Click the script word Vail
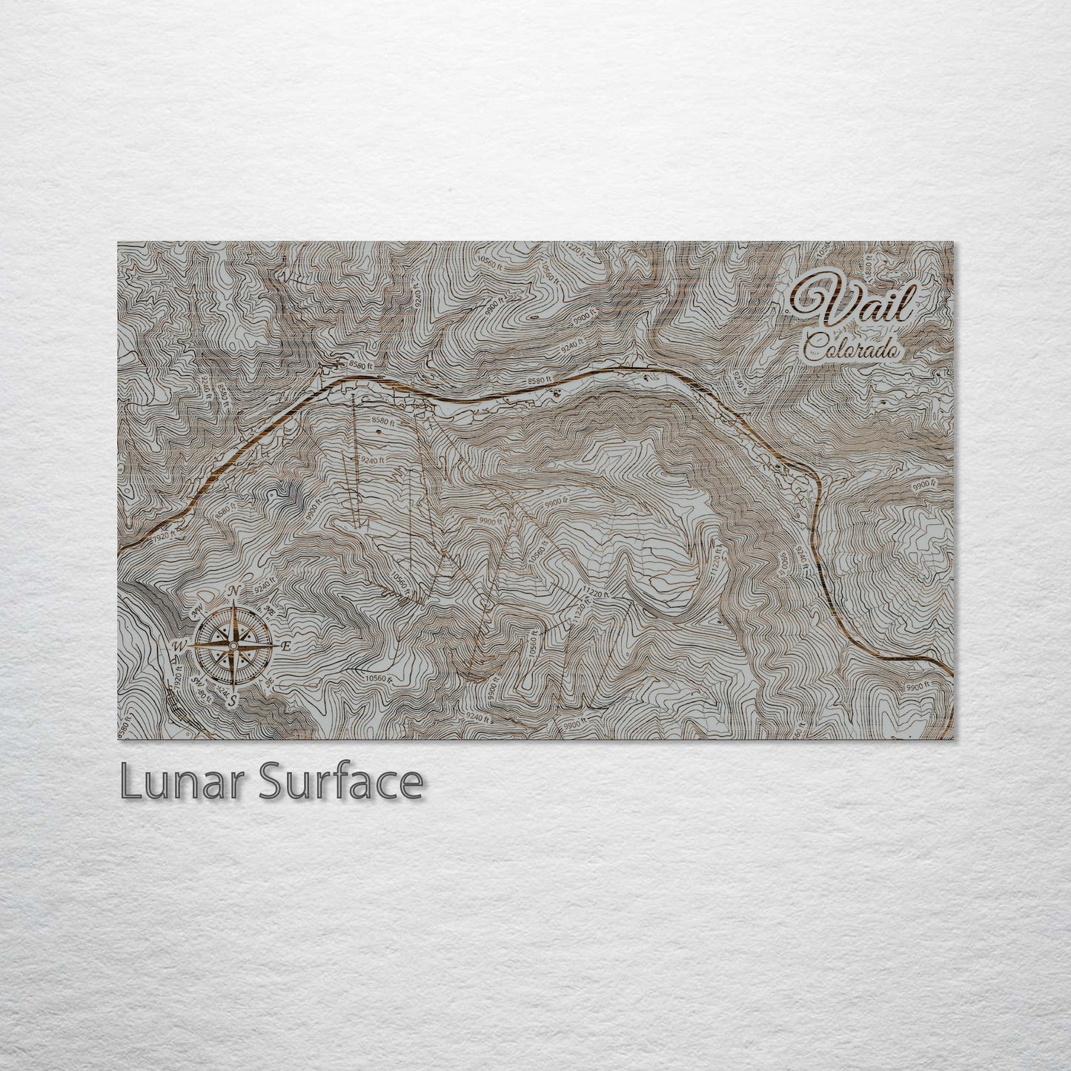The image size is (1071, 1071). [x=852, y=303]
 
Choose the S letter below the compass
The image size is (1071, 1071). [x=233, y=699]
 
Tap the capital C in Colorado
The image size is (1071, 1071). [x=814, y=345]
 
